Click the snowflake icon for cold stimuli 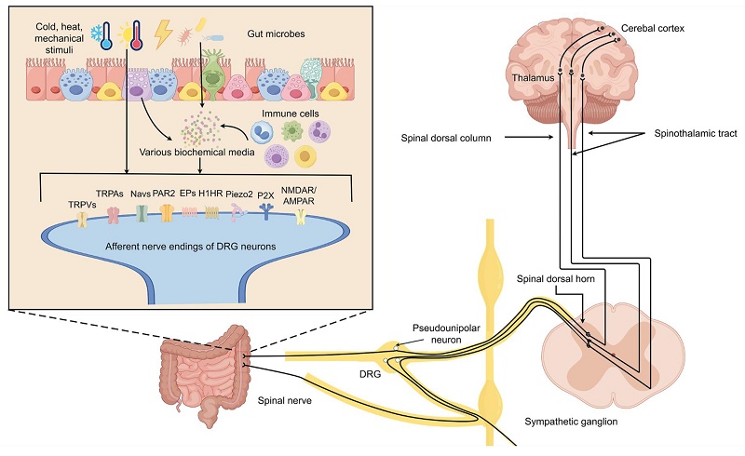[x=95, y=34]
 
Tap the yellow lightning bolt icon [x=163, y=34]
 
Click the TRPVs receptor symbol [x=81, y=220]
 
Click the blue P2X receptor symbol [x=268, y=215]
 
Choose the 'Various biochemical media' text [x=192, y=152]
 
